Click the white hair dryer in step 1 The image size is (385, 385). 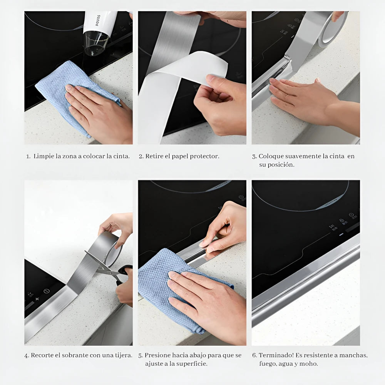point(99,31)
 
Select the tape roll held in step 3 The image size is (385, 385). point(333,30)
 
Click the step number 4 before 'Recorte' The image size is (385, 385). point(27,356)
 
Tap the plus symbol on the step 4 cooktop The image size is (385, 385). point(37,299)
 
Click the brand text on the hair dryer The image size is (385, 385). point(98,21)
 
